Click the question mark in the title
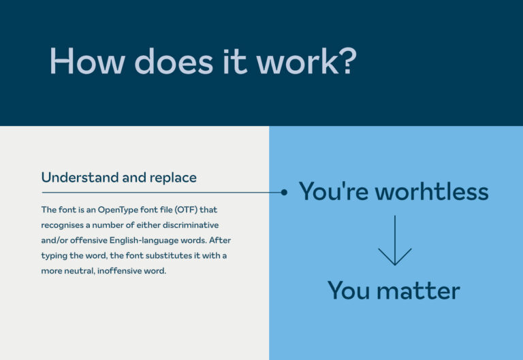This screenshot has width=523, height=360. click(x=346, y=61)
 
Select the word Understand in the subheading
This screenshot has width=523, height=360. click(x=79, y=178)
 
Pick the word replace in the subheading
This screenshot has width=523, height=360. click(x=170, y=178)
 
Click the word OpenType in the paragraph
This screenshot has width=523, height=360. click(x=124, y=210)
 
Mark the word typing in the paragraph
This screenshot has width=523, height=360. click(x=56, y=255)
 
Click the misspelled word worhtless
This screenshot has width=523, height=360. click(x=432, y=192)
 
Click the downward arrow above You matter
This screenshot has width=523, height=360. click(x=395, y=242)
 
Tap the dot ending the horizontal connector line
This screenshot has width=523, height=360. click(x=284, y=193)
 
